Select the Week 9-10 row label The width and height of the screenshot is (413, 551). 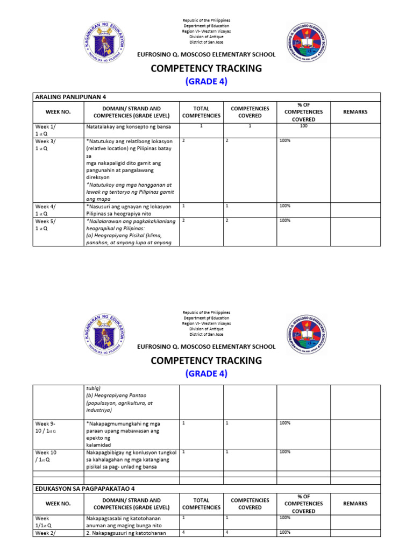46,427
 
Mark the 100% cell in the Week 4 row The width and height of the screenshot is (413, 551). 284,206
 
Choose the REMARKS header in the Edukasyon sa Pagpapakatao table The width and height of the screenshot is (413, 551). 355,504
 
